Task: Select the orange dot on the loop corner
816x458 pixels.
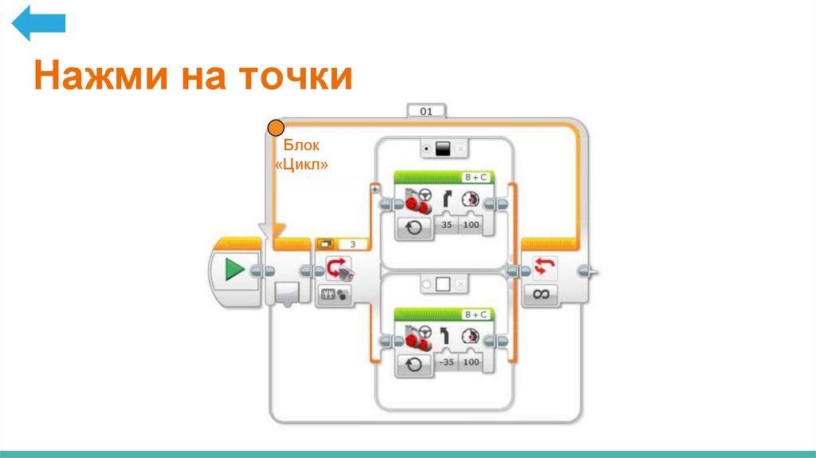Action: point(276,127)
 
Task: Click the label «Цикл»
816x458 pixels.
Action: point(301,164)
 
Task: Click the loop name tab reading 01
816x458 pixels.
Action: point(426,112)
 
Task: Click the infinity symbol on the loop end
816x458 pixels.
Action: point(542,294)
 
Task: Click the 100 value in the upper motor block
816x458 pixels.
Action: point(472,227)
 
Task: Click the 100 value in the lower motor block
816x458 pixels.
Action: point(472,362)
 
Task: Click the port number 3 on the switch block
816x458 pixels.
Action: point(353,244)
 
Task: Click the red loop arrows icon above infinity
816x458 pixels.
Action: point(542,267)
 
